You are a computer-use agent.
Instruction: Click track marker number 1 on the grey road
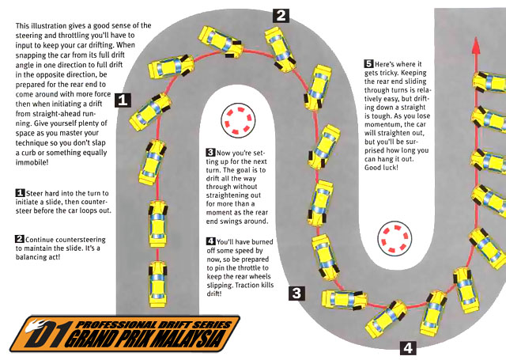[123, 100]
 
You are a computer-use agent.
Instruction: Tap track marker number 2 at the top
[281, 14]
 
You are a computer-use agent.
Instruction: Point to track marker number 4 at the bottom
[406, 347]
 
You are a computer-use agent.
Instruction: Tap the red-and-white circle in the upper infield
[236, 119]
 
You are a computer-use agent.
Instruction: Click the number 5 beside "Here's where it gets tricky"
[368, 63]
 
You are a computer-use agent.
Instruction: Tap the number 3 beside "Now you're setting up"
[210, 152]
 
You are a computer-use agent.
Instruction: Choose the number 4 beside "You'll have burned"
[210, 241]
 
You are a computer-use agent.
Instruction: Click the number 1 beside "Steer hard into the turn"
[20, 193]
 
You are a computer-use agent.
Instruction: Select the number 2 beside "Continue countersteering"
[20, 238]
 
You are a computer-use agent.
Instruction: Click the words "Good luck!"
[383, 169]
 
